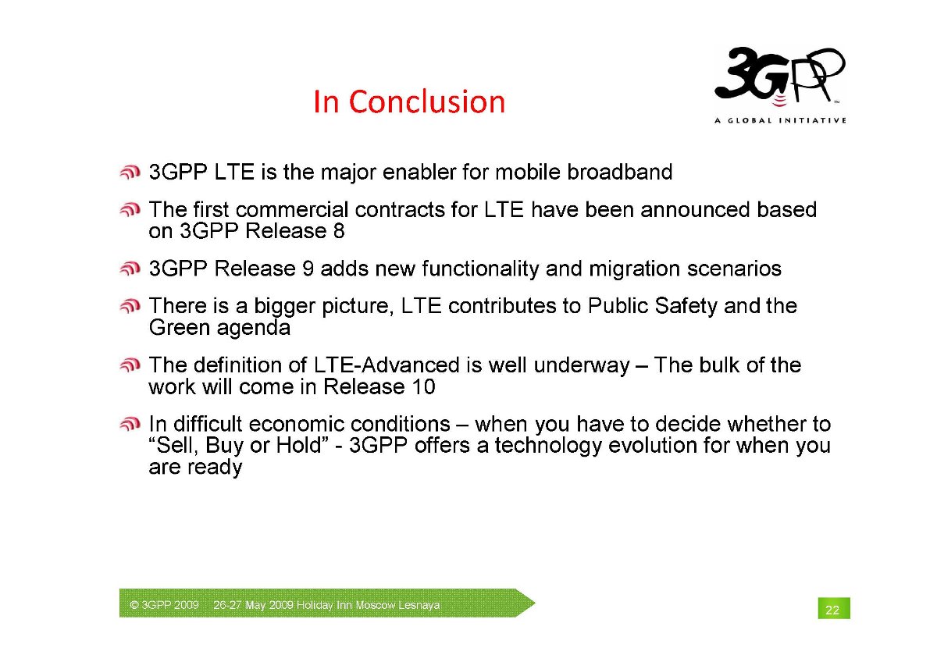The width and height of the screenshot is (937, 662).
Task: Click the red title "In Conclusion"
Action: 409,101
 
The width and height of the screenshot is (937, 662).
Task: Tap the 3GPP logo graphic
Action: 780,76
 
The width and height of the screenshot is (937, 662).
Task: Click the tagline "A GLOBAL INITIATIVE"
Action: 780,120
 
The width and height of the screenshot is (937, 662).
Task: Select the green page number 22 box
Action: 834,608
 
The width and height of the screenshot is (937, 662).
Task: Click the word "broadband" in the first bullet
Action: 619,172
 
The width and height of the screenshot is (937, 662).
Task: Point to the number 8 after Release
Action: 339,231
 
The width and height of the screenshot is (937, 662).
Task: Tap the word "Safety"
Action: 686,306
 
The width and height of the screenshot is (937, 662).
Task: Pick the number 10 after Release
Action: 423,386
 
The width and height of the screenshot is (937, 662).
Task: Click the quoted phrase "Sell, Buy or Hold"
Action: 237,446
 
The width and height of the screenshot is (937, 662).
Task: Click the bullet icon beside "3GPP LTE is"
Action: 130,173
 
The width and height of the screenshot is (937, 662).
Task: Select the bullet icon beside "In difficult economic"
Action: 130,425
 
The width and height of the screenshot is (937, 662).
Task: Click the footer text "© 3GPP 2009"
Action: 164,605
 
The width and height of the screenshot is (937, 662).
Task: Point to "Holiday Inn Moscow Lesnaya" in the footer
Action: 368,605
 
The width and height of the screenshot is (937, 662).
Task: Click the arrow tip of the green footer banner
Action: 535,603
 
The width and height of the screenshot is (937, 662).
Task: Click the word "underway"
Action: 582,365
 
